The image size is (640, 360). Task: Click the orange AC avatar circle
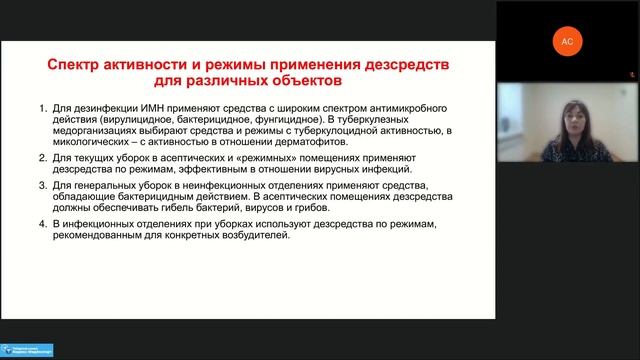point(567,41)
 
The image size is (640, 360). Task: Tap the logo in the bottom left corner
point(27,350)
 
